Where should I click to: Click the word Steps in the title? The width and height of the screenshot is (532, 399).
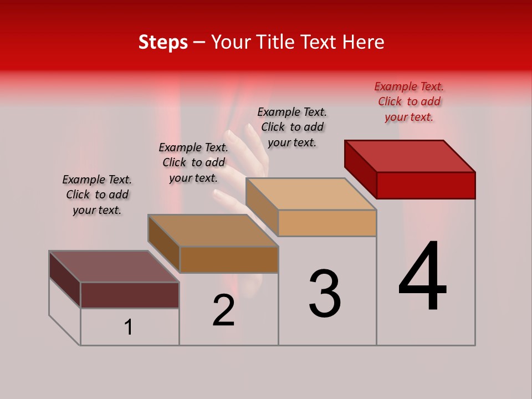click(x=163, y=42)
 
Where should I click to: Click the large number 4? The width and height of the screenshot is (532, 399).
click(x=422, y=277)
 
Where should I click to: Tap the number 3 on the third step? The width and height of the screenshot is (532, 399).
click(x=325, y=294)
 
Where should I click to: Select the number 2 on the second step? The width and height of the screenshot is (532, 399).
click(x=224, y=311)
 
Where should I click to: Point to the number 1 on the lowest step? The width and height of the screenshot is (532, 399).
click(x=129, y=328)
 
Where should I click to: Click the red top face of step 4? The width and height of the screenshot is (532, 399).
click(x=410, y=156)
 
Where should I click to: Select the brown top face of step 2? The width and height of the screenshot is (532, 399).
click(x=213, y=231)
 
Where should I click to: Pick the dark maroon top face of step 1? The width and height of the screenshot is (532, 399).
click(x=114, y=267)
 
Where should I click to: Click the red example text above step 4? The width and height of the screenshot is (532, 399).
click(x=409, y=101)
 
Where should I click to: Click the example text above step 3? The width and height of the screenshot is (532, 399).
click(x=292, y=127)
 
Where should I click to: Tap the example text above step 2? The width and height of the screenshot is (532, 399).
click(x=193, y=162)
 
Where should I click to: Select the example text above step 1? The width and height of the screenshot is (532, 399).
click(x=97, y=195)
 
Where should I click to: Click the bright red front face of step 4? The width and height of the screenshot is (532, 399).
click(x=426, y=185)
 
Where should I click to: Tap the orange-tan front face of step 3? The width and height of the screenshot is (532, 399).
click(x=327, y=223)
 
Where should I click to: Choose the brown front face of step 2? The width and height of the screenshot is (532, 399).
click(x=229, y=259)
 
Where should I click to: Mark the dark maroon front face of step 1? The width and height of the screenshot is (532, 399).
click(x=130, y=295)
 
